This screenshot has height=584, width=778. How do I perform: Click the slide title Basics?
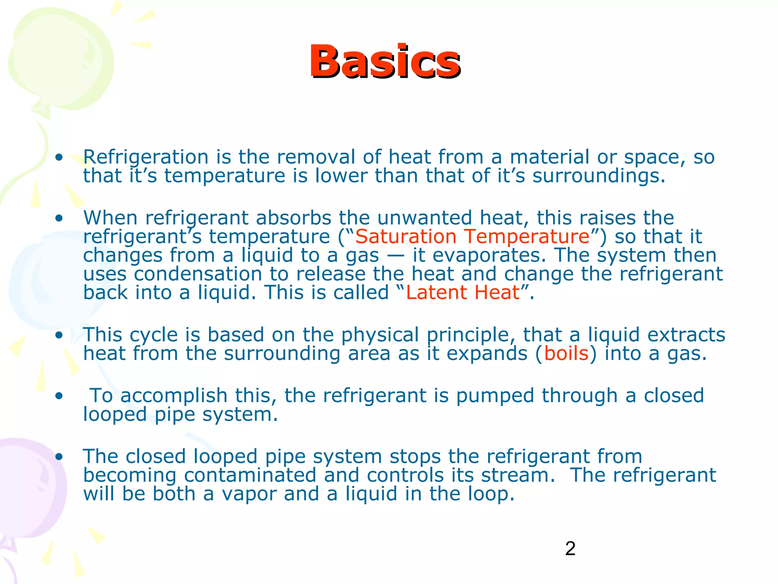[x=385, y=62]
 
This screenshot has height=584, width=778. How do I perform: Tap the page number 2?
[x=570, y=549]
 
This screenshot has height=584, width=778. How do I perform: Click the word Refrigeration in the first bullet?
[x=146, y=157]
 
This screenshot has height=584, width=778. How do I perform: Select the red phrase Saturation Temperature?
[x=472, y=236]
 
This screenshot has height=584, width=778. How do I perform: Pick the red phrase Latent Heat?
[x=463, y=293]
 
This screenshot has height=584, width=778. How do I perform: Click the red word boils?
[x=566, y=354]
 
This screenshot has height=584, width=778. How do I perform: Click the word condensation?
[x=198, y=274]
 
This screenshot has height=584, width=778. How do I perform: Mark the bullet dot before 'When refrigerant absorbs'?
[x=59, y=219]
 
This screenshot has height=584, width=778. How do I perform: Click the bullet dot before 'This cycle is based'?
[x=59, y=335]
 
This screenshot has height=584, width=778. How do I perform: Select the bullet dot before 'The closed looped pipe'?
[x=59, y=457]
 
